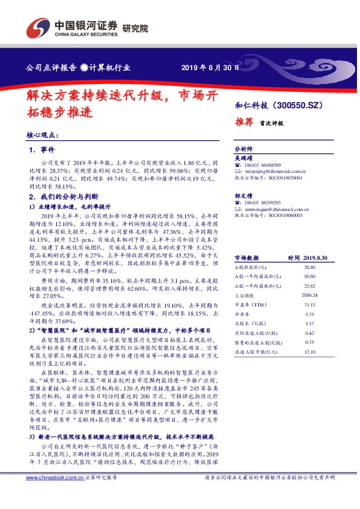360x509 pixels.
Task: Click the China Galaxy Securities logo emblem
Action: (38, 28)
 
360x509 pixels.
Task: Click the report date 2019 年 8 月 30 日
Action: (207, 67)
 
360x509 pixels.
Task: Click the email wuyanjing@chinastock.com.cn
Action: (269, 170)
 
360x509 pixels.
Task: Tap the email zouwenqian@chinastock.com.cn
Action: (270, 209)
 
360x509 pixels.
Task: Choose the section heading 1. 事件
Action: (42, 149)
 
